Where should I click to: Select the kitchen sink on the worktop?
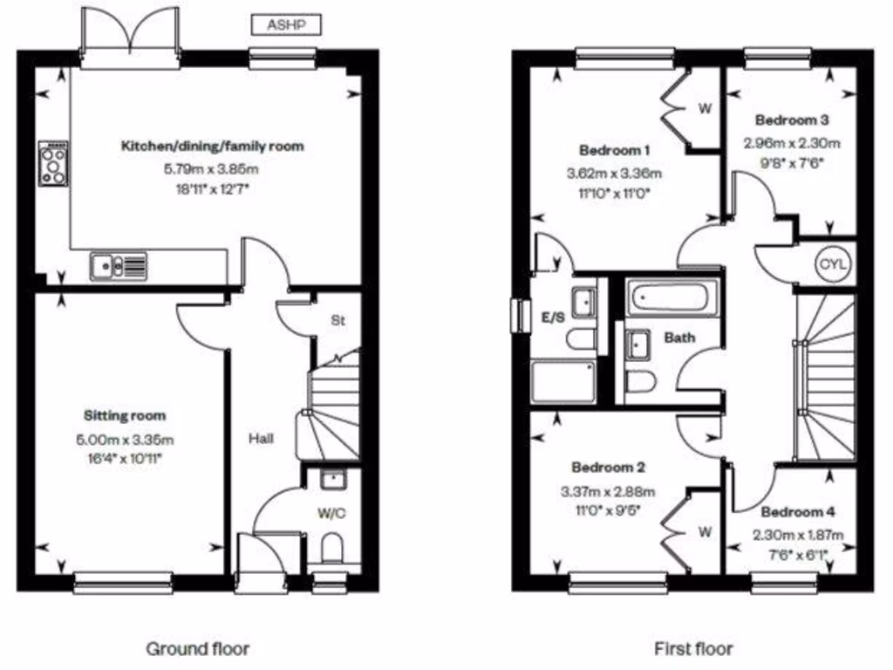click(x=119, y=263)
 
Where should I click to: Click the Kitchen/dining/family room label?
click(x=212, y=146)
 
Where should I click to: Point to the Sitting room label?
click(x=125, y=415)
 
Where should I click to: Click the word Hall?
click(x=260, y=438)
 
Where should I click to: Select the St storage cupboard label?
click(x=337, y=321)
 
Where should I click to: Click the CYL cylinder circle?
click(x=828, y=263)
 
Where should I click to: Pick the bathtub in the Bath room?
click(x=671, y=298)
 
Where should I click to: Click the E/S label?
click(x=551, y=317)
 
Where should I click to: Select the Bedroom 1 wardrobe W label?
click(x=705, y=109)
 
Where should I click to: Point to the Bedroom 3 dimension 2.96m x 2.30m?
click(x=791, y=143)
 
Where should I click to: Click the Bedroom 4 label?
click(x=791, y=512)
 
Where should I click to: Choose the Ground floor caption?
click(x=197, y=648)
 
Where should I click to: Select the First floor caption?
click(x=693, y=648)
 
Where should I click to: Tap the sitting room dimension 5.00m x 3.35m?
click(x=125, y=439)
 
